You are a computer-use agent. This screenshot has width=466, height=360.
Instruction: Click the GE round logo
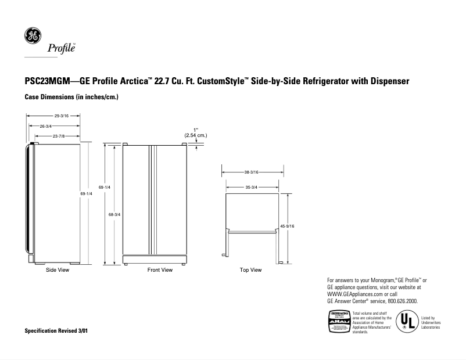(x=32, y=36)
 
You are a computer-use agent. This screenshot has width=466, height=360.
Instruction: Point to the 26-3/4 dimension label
(x=45, y=126)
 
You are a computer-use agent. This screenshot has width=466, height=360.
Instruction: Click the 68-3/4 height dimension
(x=114, y=215)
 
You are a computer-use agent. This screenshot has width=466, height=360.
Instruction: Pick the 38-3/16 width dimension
(x=252, y=172)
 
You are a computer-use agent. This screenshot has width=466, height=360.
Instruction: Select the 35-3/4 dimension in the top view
(x=252, y=188)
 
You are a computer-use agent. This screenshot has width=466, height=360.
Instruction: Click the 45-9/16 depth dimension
(x=287, y=225)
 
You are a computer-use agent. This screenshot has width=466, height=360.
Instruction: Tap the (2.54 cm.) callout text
(x=196, y=135)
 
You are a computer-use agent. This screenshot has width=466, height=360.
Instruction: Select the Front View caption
(x=160, y=270)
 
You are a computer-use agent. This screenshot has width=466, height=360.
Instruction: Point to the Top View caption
(x=250, y=270)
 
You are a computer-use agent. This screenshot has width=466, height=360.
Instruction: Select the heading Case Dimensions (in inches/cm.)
(x=71, y=96)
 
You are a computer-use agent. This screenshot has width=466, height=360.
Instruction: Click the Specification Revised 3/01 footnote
(x=57, y=330)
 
